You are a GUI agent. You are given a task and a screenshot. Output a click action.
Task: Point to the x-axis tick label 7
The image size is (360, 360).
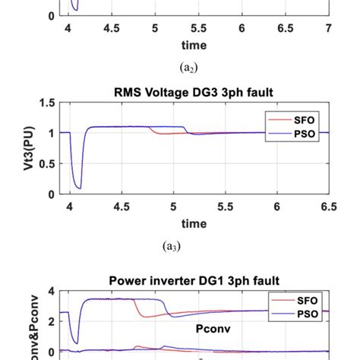(x=328, y=29)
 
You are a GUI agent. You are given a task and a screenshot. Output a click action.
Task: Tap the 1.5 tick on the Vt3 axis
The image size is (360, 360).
(x=48, y=103)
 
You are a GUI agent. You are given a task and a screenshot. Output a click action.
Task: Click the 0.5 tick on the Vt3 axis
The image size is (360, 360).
(x=48, y=164)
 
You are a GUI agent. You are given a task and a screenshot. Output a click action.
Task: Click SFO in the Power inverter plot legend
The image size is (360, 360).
(x=302, y=302)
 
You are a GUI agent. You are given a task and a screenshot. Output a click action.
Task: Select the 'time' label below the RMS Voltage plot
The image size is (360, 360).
(x=194, y=223)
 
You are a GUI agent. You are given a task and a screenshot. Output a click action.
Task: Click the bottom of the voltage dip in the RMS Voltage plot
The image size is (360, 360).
(x=77, y=187)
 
